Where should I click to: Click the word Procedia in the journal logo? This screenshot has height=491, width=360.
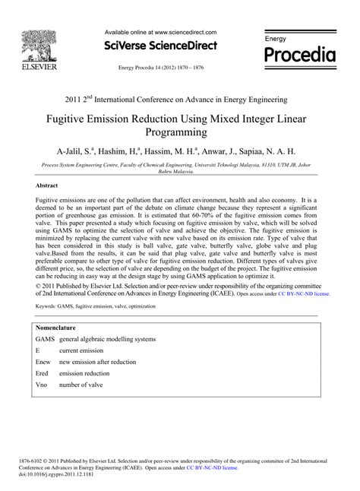point(298,55)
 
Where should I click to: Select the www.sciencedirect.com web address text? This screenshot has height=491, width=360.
point(184,33)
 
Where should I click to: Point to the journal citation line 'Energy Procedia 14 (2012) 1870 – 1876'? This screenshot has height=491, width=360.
point(160,68)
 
